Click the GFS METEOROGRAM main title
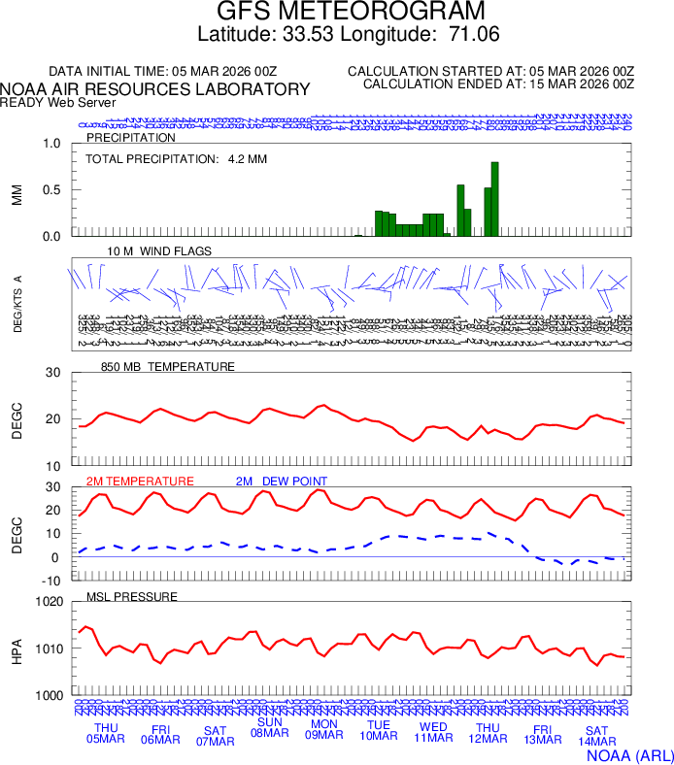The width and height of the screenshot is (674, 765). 337,13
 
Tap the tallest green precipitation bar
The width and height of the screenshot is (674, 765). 494,199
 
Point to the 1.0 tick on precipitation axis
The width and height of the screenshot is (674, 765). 51,144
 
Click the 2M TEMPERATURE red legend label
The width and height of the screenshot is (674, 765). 140,481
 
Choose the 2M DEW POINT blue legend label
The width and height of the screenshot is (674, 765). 282,481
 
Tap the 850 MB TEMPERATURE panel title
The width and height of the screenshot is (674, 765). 168,367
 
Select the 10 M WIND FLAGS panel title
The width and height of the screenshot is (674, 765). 159,251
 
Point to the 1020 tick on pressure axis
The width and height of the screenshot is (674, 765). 48,602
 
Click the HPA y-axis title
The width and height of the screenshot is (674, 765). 17,649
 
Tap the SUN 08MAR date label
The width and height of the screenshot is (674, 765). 269,727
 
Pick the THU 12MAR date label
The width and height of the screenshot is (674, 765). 487,733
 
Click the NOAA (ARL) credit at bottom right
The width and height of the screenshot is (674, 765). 629,753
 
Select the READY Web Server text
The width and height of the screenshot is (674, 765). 58,102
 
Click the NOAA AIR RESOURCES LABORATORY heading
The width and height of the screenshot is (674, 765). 155,89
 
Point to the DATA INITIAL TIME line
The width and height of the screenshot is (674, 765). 163,72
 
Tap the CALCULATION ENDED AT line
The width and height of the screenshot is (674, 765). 498,84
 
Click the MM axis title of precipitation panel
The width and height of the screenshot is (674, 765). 17,194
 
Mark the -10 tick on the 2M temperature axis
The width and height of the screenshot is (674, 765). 52,580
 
